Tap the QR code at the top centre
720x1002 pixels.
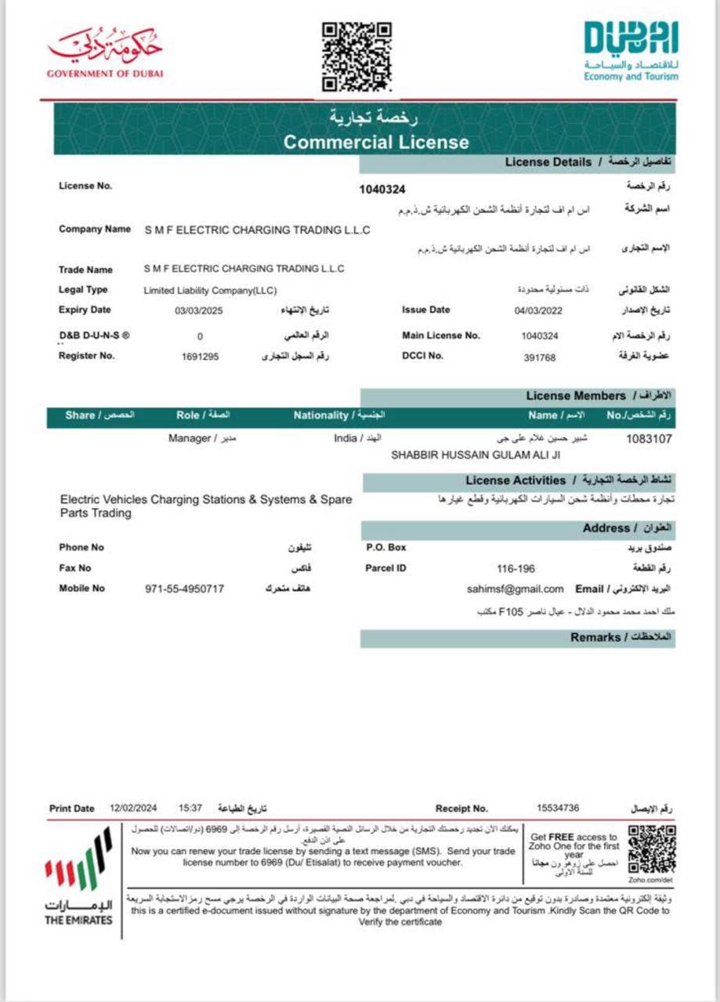click(x=356, y=56)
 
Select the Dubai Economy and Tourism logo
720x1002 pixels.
click(x=631, y=51)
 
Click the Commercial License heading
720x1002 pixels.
click(x=376, y=142)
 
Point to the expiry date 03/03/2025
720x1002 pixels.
click(x=200, y=311)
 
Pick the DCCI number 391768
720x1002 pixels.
click(x=539, y=357)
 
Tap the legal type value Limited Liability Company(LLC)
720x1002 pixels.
click(x=210, y=290)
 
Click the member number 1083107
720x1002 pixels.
click(x=648, y=439)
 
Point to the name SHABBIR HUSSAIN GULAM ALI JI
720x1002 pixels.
click(x=476, y=454)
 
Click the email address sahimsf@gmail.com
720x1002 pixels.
click(x=515, y=589)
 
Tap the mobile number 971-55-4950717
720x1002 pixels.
click(x=185, y=589)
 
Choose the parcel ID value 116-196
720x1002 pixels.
click(x=516, y=568)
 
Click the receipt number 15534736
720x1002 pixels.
click(x=558, y=808)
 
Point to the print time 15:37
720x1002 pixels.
click(x=190, y=808)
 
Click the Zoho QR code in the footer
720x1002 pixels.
click(x=652, y=849)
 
